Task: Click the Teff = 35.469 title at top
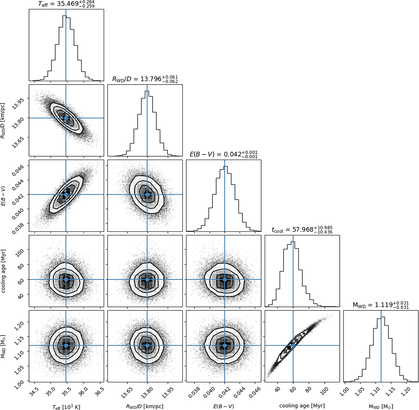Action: coord(66,4)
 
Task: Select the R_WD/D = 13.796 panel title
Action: coord(145,80)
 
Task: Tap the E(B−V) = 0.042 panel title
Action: coord(223,154)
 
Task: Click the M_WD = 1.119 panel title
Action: coord(381,305)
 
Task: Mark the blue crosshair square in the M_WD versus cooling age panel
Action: coord(293,345)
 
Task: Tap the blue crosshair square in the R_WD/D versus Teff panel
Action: coord(66,118)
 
